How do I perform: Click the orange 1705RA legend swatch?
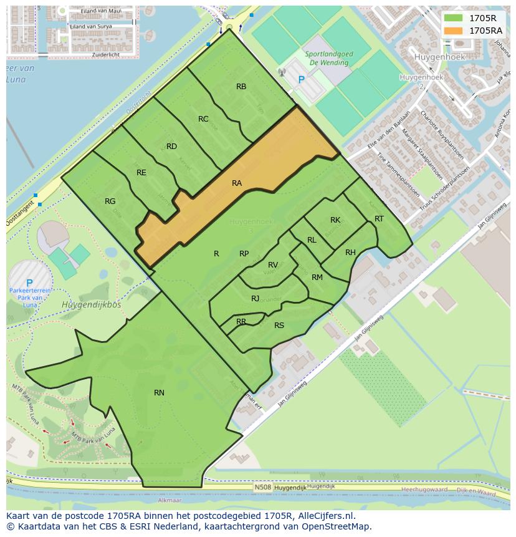pos(454,30)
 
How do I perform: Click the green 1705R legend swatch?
pos(454,18)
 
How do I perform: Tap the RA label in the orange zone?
pos(237,183)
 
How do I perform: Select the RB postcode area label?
pos(241,87)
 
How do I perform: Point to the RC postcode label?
pos(203,119)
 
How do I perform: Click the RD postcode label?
pos(172,147)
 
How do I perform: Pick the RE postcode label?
pos(141,173)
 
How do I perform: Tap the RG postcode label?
pos(110,201)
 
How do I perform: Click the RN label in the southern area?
pos(159,392)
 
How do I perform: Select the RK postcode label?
pos(335,220)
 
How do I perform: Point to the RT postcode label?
pos(379,218)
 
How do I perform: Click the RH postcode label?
pos(350,252)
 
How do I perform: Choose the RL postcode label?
pos(312,240)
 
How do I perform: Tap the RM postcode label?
pos(317,278)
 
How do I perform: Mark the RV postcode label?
pos(273,265)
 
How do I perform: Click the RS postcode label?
pos(279,325)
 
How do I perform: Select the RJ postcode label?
pos(256,299)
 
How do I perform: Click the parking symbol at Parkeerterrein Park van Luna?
pos(29,283)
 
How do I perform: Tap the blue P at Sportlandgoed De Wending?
pos(302,80)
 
